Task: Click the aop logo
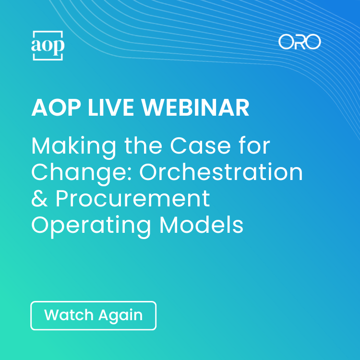pyautogui.click(x=48, y=46)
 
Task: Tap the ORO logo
pyautogui.click(x=300, y=42)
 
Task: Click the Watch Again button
pyautogui.click(x=94, y=315)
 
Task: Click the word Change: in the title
pyautogui.click(x=82, y=172)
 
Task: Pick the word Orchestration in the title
pyautogui.click(x=221, y=172)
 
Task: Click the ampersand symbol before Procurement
pyautogui.click(x=39, y=198)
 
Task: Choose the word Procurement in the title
pyautogui.click(x=132, y=198)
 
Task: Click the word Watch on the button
pyautogui.click(x=69, y=315)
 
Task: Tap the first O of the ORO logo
pyautogui.click(x=286, y=42)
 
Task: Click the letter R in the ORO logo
pyautogui.click(x=300, y=42)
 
